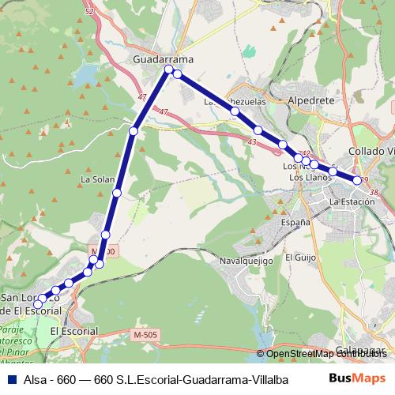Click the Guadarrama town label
click(164, 59)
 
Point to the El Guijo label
click(300, 258)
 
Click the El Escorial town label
click(73, 331)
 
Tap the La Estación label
click(352, 202)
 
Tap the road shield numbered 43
click(252, 141)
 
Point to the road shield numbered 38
click(374, 192)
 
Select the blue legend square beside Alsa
click(9, 379)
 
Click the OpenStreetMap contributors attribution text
click(324, 354)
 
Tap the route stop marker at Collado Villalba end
click(358, 180)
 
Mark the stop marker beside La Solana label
click(117, 193)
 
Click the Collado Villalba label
click(371, 151)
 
